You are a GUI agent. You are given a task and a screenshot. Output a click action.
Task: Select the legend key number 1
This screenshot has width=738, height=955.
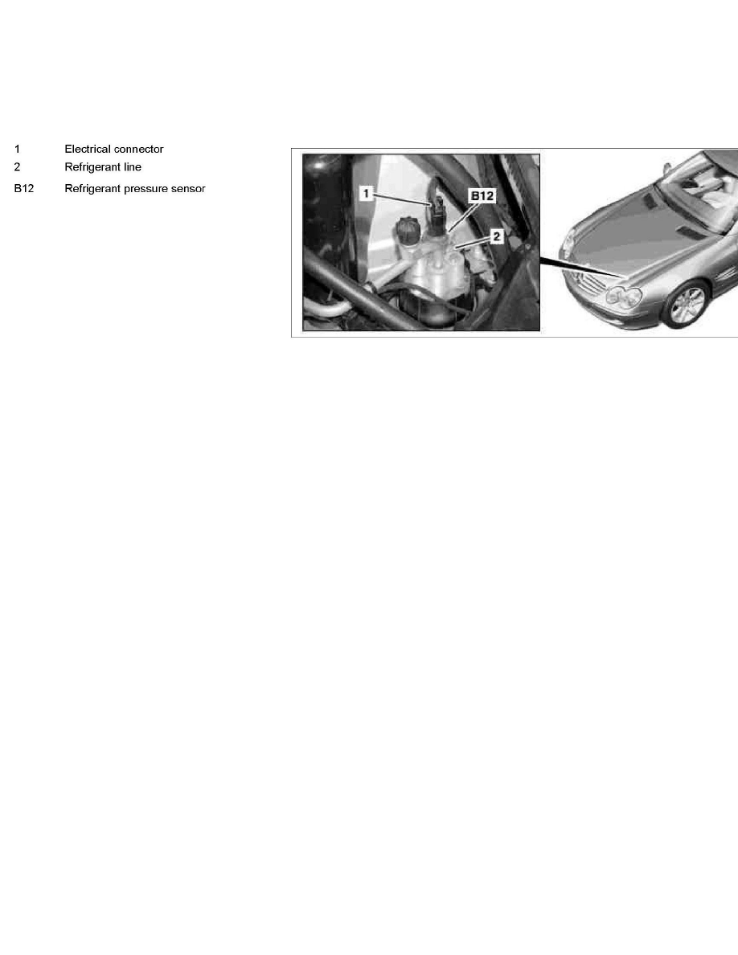point(17,150)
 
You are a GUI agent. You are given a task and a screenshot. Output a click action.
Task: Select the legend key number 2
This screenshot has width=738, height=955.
point(17,167)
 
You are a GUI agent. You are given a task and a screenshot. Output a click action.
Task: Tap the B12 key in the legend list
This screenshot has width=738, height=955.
point(23,189)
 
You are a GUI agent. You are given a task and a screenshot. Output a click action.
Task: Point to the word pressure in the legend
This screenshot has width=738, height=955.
point(150,189)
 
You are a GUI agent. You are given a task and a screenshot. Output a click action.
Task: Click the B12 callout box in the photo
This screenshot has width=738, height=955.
point(482,195)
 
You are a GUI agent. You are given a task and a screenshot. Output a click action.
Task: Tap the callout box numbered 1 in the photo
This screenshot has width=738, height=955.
point(366,194)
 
